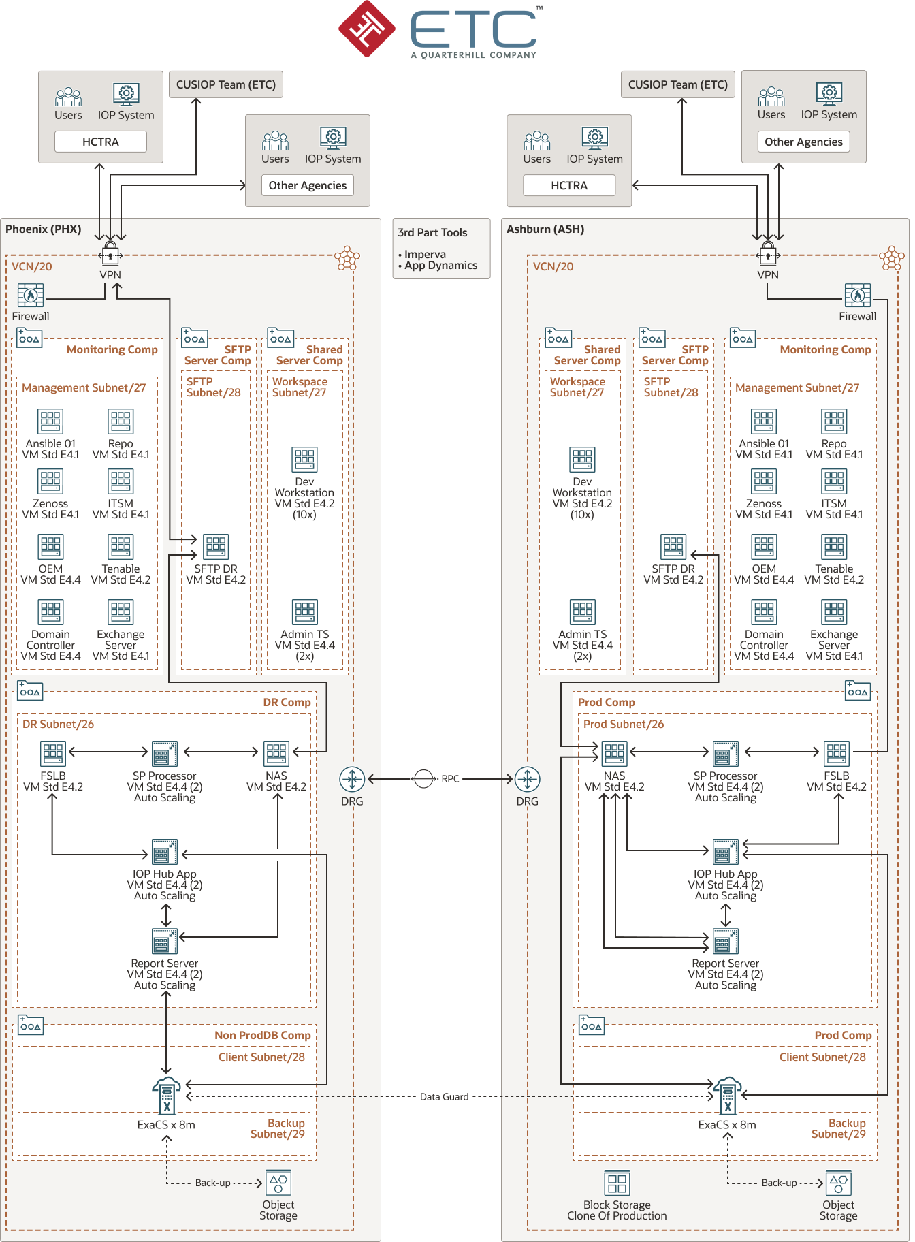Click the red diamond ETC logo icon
[367, 29]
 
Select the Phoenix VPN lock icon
[110, 253]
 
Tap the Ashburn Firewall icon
[857, 296]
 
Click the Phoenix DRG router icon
[352, 778]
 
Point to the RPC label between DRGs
[450, 778]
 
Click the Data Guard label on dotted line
[444, 1096]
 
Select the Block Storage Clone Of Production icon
[617, 1183]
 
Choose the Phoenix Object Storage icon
[278, 1183]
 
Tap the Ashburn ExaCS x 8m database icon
[727, 1096]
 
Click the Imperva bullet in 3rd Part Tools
[425, 254]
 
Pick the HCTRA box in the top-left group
[101, 142]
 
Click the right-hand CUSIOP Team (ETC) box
[677, 84]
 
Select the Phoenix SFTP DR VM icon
[216, 547]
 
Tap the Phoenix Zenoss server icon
[50, 481]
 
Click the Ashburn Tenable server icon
[834, 547]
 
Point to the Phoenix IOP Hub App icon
[165, 853]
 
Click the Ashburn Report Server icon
[726, 942]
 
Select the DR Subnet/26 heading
[58, 724]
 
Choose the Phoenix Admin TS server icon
[305, 612]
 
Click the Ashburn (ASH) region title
[545, 229]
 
